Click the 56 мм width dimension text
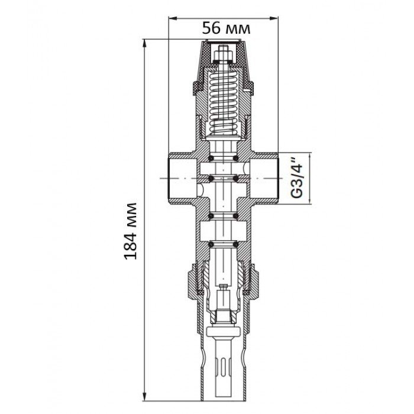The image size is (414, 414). coord(226,28)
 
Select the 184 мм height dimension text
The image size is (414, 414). coord(131,231)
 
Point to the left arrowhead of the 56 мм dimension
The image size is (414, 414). coord(173,18)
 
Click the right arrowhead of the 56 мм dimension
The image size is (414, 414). coord(274,18)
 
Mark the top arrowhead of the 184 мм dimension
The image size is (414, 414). coord(144,44)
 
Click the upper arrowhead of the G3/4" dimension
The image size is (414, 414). coord(310,157)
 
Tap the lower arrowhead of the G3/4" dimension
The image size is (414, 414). coord(310,200)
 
